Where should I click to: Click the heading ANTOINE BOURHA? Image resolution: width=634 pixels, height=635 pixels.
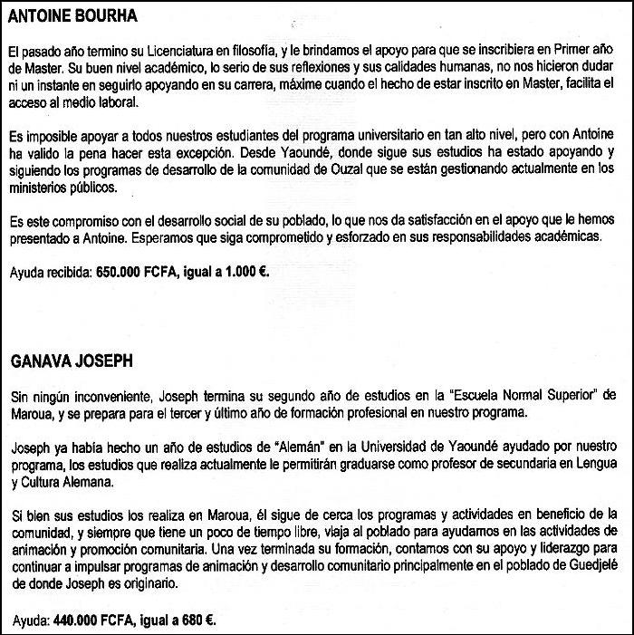(x=72, y=17)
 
